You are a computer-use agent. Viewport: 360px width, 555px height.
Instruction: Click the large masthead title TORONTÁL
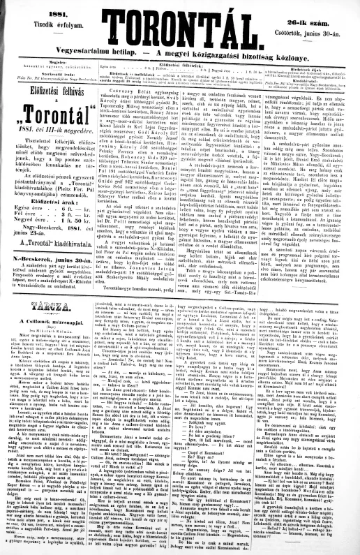coord(179,27)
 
